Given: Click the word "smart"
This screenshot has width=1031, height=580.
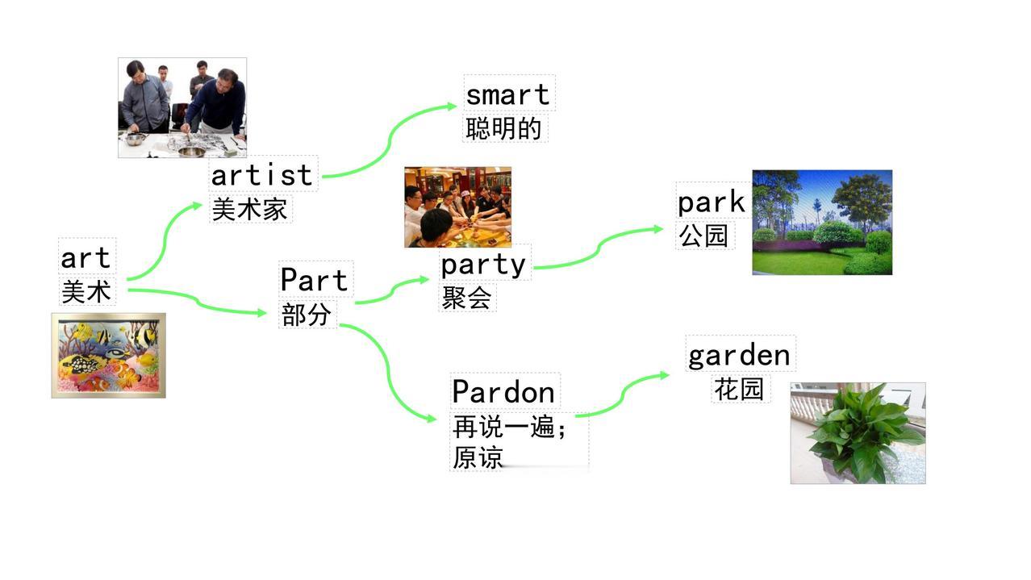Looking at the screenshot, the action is click(507, 95).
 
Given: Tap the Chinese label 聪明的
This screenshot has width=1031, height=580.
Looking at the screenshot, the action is click(503, 128).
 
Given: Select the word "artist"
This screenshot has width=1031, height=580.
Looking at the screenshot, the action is click(261, 175).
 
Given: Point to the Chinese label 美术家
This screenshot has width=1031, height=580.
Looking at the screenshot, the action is click(249, 210).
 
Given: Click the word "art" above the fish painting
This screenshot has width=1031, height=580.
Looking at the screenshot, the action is click(86, 258).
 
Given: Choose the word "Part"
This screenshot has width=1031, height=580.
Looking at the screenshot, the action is click(314, 280).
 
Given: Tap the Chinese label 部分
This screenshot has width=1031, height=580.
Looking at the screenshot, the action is click(306, 315).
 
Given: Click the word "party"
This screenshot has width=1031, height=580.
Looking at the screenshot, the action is click(483, 265).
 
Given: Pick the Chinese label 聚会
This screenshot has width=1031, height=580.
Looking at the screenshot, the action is click(467, 298).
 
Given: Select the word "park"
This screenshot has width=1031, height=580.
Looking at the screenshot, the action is click(711, 202).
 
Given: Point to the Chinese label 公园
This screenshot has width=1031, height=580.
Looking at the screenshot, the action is click(703, 236).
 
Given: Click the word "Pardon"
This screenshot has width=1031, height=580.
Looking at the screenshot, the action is click(503, 392).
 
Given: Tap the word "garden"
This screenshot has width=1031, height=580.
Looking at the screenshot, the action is click(739, 356).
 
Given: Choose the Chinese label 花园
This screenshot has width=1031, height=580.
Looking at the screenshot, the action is click(739, 389).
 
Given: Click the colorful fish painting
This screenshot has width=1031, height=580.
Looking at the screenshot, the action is click(109, 356).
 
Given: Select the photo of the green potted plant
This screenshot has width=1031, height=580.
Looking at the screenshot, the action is click(858, 433).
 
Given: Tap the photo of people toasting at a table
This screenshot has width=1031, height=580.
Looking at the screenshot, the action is click(458, 207).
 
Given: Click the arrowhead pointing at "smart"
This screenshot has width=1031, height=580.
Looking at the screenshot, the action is click(452, 106).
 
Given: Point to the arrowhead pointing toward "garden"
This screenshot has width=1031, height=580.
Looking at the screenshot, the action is click(665, 375).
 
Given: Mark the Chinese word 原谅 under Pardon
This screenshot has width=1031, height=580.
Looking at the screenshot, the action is click(478, 458).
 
